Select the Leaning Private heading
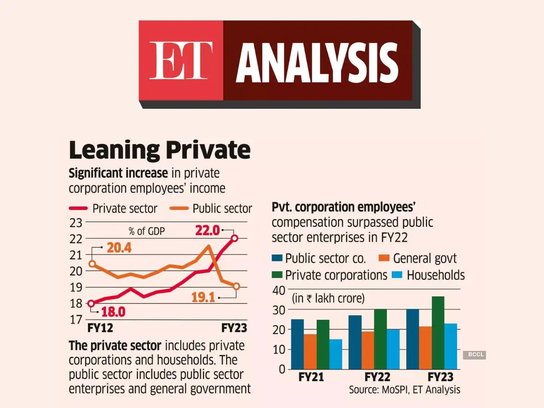[160, 150]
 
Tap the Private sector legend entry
[113, 209]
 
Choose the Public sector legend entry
[211, 209]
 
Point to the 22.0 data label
[207, 231]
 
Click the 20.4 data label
[119, 248]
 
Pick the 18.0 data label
[112, 313]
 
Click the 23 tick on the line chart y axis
[76, 223]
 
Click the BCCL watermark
[474, 355]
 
